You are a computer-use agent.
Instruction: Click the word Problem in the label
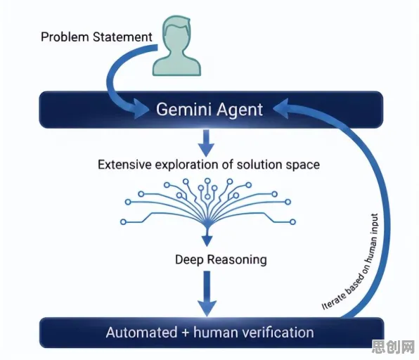pos(65,37)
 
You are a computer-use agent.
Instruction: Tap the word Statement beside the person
pos(122,37)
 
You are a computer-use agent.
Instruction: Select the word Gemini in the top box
pos(184,110)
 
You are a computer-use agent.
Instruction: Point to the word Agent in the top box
pos(240,110)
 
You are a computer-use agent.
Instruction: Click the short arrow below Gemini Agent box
pos(206,143)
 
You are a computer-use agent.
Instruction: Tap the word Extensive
pos(125,165)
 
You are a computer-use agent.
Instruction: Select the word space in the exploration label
pos(303,165)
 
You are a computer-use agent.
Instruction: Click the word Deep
pos(189,259)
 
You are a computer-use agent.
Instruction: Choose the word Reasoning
pos(237,260)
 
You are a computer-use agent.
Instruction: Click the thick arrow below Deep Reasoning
pos(207,293)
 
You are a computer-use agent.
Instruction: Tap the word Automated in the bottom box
pos(141,333)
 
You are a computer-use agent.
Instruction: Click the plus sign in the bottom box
pos(186,333)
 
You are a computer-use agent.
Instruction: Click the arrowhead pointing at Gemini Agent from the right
pos(281,108)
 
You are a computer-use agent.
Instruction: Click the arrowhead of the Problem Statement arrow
pos(141,108)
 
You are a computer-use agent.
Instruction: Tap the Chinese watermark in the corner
pos(393,347)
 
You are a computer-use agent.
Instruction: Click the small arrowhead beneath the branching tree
pos(207,240)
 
